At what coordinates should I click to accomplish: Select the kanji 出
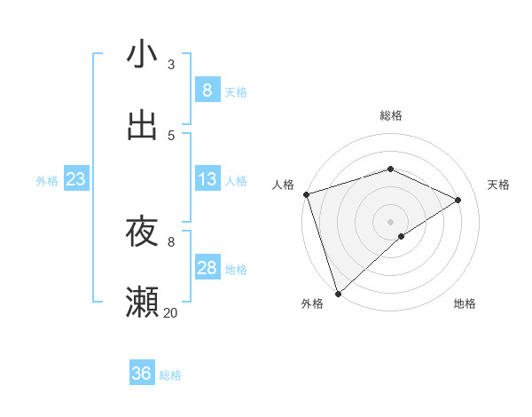point(142,126)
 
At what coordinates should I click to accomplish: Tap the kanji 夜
point(142,232)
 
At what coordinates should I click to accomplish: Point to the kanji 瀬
point(142,302)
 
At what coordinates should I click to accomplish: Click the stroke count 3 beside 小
point(171,65)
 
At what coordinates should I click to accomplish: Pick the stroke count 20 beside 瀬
point(171,312)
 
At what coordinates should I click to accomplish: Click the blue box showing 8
point(207,90)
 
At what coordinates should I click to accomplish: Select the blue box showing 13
point(207,179)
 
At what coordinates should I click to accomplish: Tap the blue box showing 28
point(207,268)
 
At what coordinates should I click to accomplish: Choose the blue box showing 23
point(75,179)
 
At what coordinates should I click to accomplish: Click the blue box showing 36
point(141,374)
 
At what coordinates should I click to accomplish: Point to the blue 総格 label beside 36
point(170,375)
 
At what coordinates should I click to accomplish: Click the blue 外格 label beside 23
point(47,181)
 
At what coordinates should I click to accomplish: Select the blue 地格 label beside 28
point(236,270)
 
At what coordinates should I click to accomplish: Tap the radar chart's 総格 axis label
point(391,115)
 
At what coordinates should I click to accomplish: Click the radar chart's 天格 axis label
point(499,185)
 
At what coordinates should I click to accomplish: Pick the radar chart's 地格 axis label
point(465,304)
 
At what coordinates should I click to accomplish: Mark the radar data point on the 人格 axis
point(306,194)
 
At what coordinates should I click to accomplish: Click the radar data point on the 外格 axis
point(338,293)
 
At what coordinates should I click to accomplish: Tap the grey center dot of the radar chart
point(390,221)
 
